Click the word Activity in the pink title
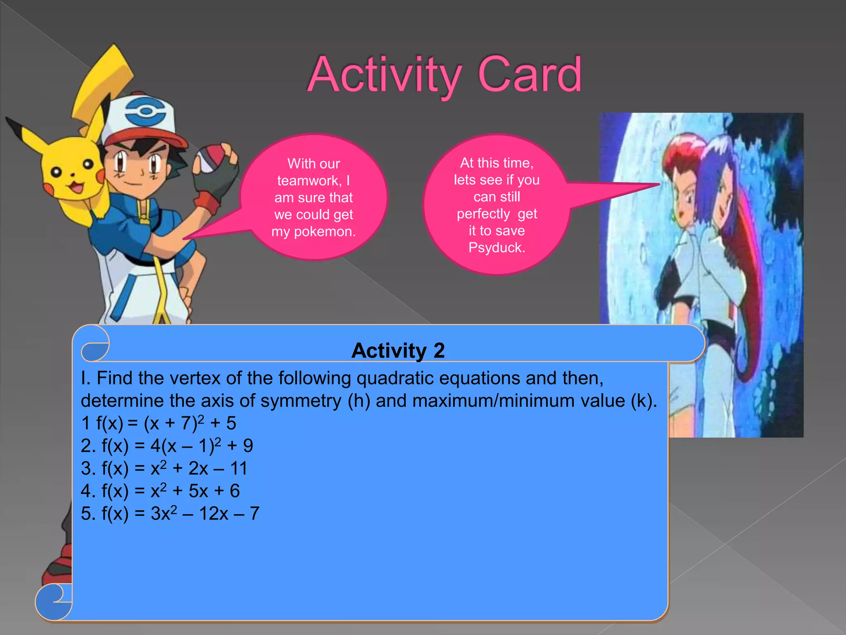(384, 75)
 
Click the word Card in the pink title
(530, 75)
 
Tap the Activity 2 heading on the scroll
(398, 351)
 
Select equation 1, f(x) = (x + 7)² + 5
(159, 423)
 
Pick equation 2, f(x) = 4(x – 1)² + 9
(167, 446)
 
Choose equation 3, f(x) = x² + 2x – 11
(164, 468)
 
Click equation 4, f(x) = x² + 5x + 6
(160, 491)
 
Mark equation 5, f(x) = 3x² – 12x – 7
(170, 514)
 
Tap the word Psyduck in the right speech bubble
(497, 248)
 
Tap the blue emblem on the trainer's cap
(145, 111)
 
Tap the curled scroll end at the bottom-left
(54, 602)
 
